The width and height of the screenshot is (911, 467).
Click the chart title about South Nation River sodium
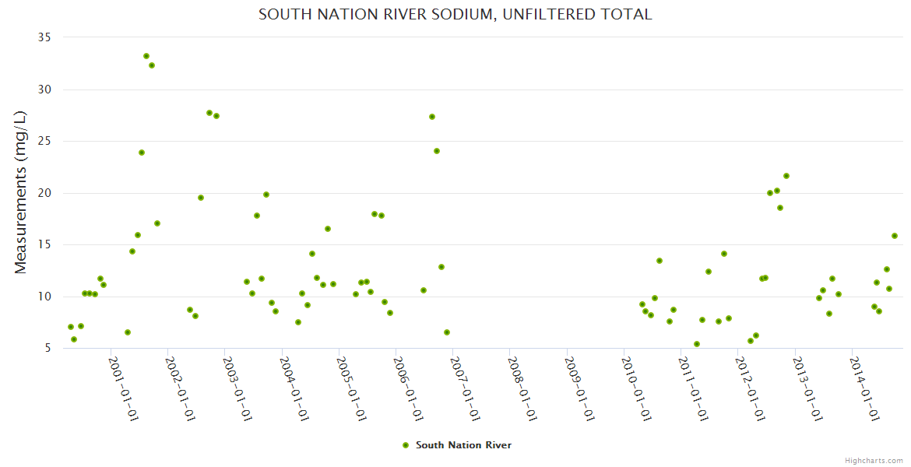pos(455,14)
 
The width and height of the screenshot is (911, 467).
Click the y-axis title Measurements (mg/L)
pos(21,192)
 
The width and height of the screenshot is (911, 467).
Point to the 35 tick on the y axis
pos(44,37)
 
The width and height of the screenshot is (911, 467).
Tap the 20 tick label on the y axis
pos(44,193)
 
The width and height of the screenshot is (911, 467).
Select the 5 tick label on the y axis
pos(47,349)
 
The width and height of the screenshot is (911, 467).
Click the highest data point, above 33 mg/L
pos(146,56)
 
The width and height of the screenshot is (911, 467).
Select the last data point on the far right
pos(895,236)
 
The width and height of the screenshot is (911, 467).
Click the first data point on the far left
pos(71,327)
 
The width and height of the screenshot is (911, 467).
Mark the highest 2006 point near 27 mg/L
pos(432,117)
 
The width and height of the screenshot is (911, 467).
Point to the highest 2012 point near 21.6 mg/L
pos(786,176)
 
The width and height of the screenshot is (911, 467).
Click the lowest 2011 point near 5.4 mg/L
pos(697,344)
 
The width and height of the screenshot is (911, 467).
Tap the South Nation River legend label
pos(463,445)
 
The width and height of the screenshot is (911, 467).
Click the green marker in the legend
pos(406,445)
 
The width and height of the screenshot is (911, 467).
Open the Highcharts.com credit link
pos(874,461)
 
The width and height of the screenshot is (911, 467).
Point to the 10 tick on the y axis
pos(44,297)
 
